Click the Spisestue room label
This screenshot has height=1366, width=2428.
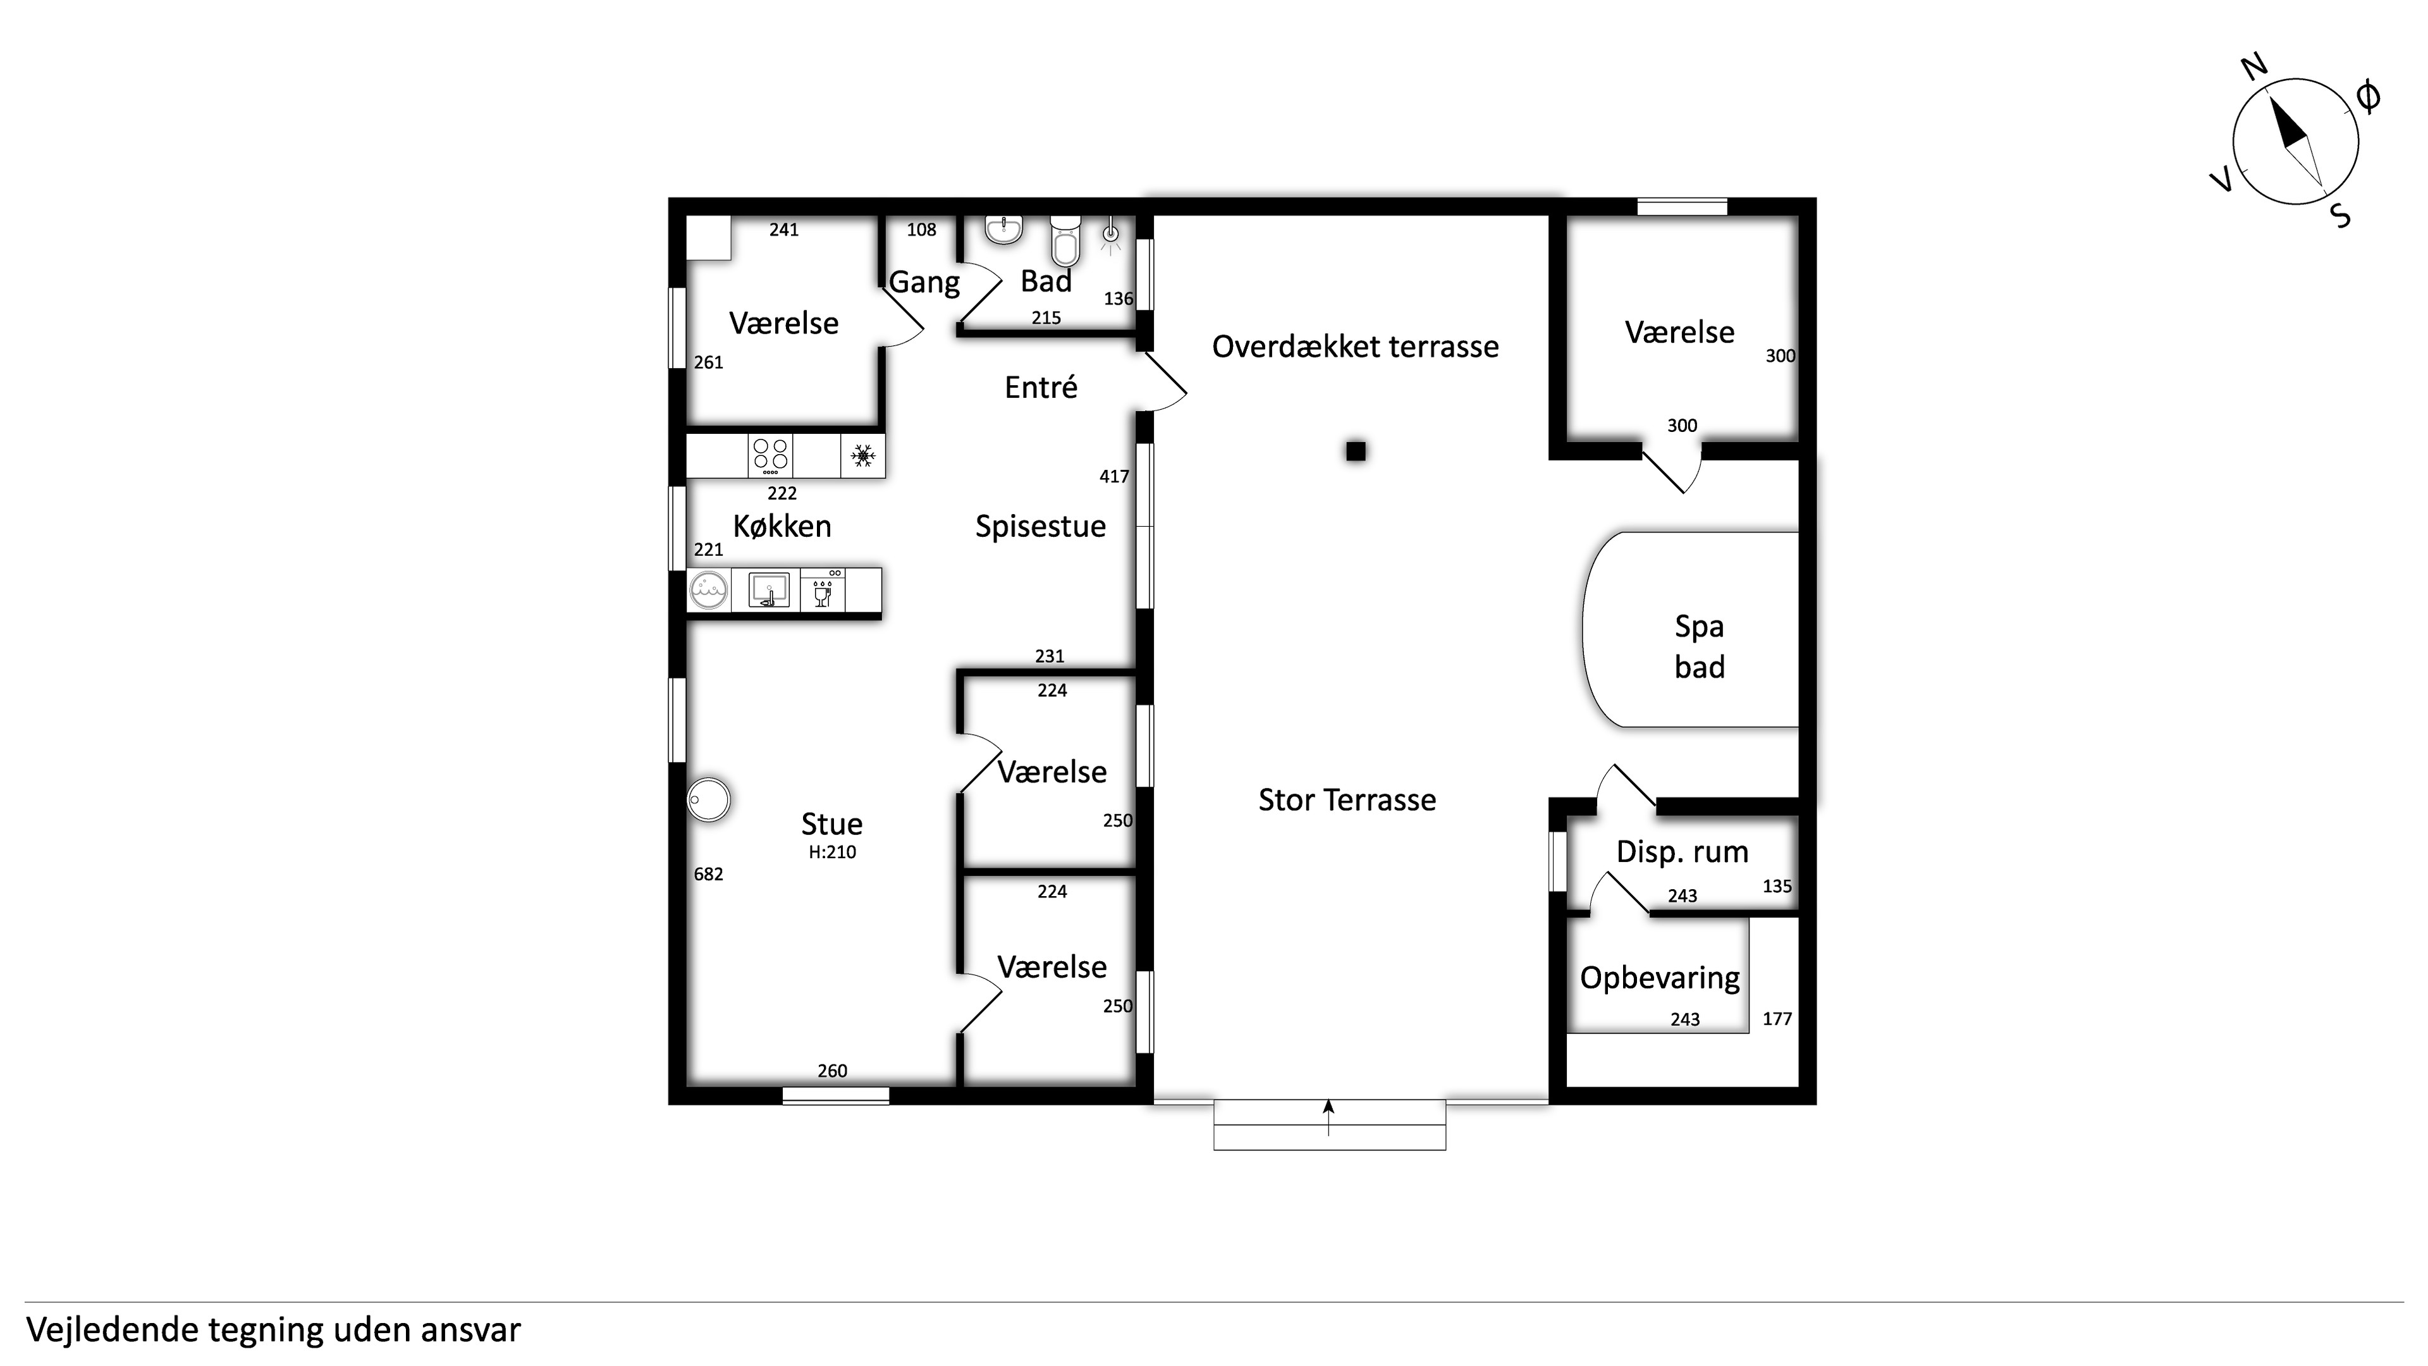(1041, 527)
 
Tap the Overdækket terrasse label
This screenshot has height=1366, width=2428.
(1356, 347)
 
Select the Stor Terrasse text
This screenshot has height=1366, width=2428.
(1347, 801)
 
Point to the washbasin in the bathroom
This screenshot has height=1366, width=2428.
(1005, 229)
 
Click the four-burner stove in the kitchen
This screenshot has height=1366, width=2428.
(770, 455)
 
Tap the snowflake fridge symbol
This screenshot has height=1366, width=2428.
(862, 456)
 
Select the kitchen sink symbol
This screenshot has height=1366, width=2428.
(768, 590)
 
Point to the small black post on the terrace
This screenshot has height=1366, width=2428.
(1356, 452)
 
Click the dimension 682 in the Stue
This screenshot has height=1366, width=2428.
(709, 874)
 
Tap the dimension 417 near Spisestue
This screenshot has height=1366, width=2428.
(1114, 477)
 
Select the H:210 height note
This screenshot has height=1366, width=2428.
(832, 852)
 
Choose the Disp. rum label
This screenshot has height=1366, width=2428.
(1683, 852)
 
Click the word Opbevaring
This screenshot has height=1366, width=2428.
(1660, 978)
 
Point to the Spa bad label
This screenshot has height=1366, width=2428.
(1700, 647)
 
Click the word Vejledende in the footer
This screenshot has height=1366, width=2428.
(112, 1330)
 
